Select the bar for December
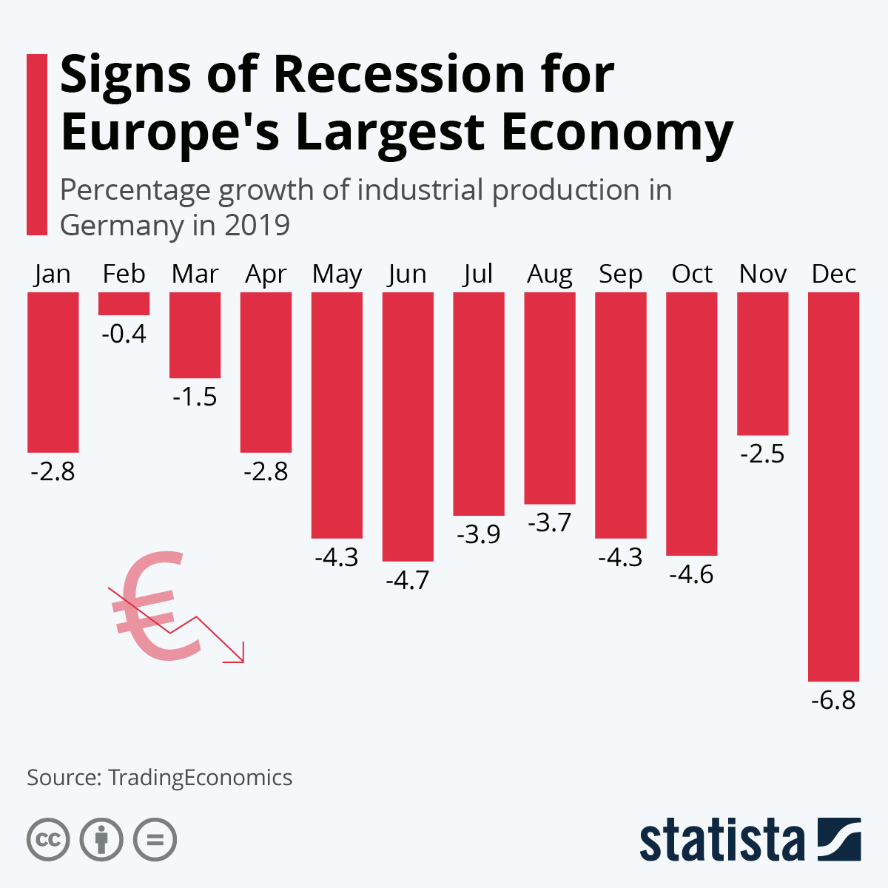[833, 486]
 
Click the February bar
[124, 303]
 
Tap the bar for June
[408, 426]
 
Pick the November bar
[762, 363]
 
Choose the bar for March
[195, 334]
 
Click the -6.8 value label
[833, 700]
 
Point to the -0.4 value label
[124, 334]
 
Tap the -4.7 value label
[408, 580]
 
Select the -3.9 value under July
[478, 534]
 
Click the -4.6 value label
[691, 574]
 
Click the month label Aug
[549, 275]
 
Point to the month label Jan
[53, 275]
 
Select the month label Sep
[620, 275]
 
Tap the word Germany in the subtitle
[121, 225]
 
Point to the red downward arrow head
[238, 656]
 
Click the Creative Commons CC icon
[48, 840]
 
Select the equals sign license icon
[155, 840]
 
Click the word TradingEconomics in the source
[200, 778]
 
